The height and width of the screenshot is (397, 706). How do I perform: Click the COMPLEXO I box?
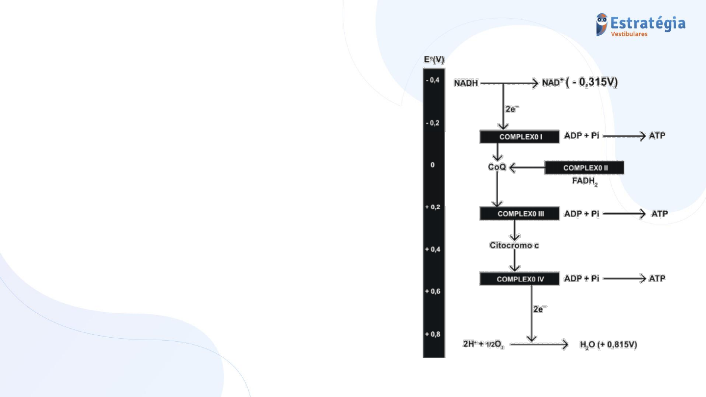pos(520,137)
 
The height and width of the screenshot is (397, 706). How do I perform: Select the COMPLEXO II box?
pos(584,168)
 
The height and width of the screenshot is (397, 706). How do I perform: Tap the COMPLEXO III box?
pos(520,214)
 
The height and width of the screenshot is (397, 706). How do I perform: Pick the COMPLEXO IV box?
pos(520,279)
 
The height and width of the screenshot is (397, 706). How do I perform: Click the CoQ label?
pos(497,168)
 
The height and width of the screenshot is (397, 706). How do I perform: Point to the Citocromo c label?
pos(514,245)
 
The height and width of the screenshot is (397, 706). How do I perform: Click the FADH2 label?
pos(584,181)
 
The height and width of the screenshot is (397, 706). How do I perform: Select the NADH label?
pos(466,83)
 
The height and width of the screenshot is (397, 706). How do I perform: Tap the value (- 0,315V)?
pos(591,82)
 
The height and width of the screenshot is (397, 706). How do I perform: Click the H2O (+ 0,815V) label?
pos(608,345)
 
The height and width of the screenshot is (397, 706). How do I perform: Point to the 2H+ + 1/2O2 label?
pos(483,345)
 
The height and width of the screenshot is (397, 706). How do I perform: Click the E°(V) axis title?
pos(434,60)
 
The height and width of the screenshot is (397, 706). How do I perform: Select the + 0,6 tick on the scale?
pos(433,292)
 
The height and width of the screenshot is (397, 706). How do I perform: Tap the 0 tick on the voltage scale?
pos(433,165)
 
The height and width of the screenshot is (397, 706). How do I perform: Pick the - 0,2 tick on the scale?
pos(433,123)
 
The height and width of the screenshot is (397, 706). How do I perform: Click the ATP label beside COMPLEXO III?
pos(659,214)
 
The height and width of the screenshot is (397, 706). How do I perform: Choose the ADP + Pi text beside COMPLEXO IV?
pos(581,278)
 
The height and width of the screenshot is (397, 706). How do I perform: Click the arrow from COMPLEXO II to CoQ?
pos(527,168)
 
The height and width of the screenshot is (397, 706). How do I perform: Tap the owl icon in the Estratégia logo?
pos(602,25)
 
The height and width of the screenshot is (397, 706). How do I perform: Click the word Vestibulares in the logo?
pos(629,34)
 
